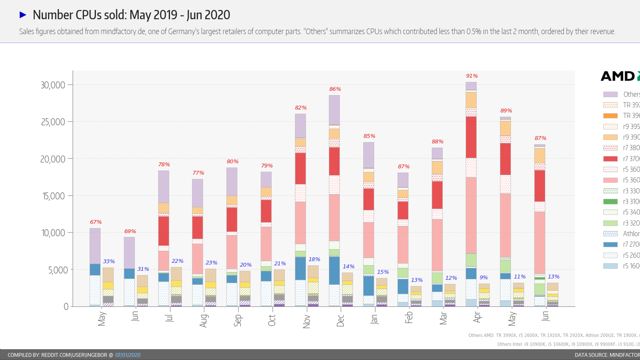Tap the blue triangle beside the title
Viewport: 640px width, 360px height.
coord(23,15)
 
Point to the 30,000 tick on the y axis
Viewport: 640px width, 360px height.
coord(53,85)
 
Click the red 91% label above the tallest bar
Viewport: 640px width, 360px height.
coord(472,76)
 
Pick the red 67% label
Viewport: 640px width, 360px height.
coord(96,222)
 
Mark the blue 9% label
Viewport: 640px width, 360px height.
coord(484,277)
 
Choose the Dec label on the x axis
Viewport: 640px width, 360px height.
coord(340,320)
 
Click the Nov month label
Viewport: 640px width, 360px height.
coord(306,321)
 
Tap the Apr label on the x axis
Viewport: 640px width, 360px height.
coord(477,317)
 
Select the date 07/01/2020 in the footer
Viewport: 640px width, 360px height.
coord(128,355)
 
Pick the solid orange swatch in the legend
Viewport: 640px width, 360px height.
coord(610,116)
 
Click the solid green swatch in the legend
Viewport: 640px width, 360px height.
coord(610,202)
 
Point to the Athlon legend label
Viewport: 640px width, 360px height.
coord(631,234)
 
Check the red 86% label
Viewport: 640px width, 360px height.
coord(335,89)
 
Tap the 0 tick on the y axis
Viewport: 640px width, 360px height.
coord(66,307)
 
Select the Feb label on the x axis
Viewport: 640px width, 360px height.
coord(409,318)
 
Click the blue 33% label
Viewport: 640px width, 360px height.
coord(109,262)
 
